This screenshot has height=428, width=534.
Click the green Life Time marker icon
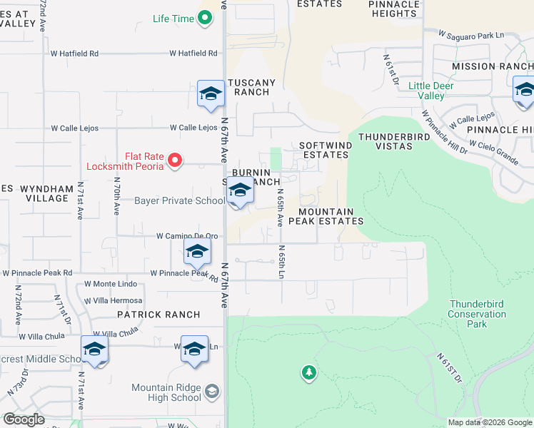tap(206, 19)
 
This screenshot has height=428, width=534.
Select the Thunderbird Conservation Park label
tap(477, 314)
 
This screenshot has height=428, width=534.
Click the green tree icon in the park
tap(308, 372)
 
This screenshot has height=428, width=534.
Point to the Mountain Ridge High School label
tap(166, 392)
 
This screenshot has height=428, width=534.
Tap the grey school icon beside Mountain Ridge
tap(212, 391)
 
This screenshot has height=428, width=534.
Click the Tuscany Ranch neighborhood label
tap(251, 87)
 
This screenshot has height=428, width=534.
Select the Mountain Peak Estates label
tap(331, 216)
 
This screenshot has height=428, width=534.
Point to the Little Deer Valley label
tap(430, 91)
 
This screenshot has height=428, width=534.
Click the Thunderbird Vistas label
tap(385, 141)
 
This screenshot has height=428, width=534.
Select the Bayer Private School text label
tap(179, 201)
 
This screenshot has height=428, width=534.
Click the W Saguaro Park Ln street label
tap(471, 34)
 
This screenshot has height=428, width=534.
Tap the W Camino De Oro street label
tap(186, 236)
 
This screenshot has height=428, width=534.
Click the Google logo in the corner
tap(23, 419)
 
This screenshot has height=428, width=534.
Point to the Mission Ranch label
tap(493, 66)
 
